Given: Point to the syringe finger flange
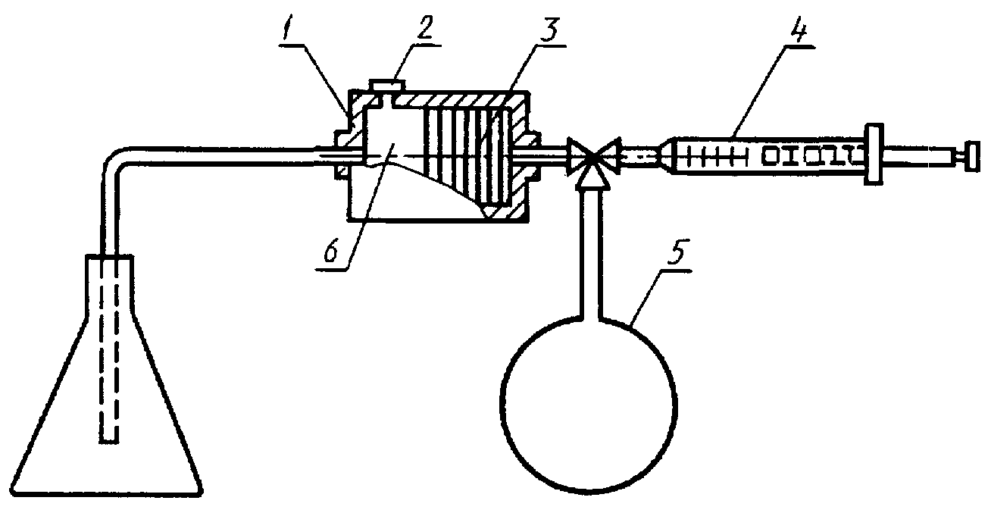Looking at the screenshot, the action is click(874, 154).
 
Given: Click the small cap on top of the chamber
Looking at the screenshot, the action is click(386, 85).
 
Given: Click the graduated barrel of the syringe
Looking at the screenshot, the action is click(769, 155).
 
